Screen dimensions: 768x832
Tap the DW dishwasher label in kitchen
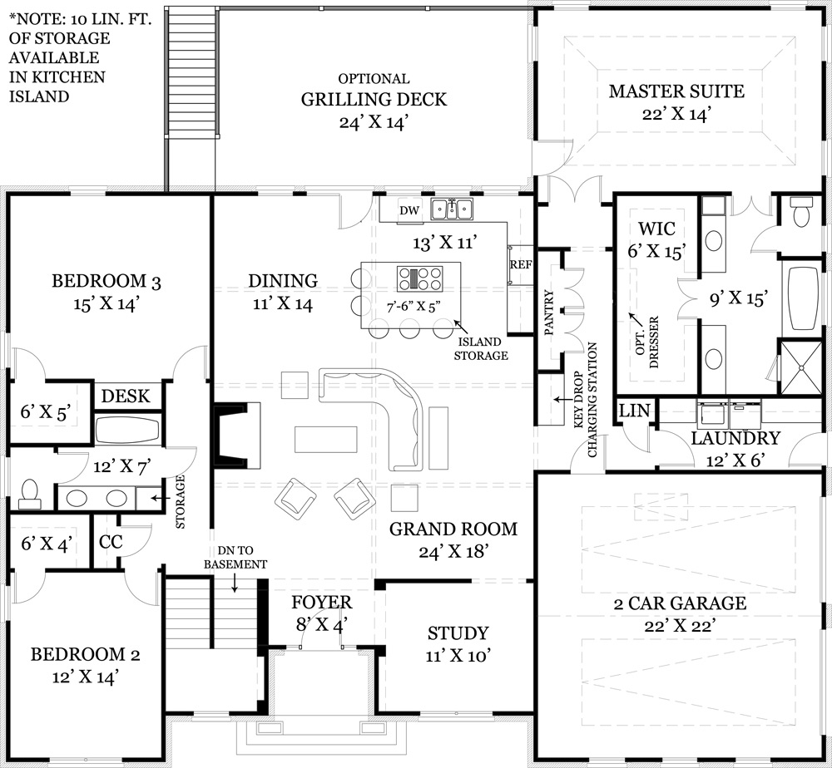click(409, 210)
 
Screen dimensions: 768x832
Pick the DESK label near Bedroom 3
click(126, 396)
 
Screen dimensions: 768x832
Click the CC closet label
click(111, 542)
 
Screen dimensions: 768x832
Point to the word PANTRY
click(548, 313)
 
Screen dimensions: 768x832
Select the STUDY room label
click(458, 633)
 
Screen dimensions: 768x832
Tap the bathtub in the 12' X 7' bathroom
click(126, 430)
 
